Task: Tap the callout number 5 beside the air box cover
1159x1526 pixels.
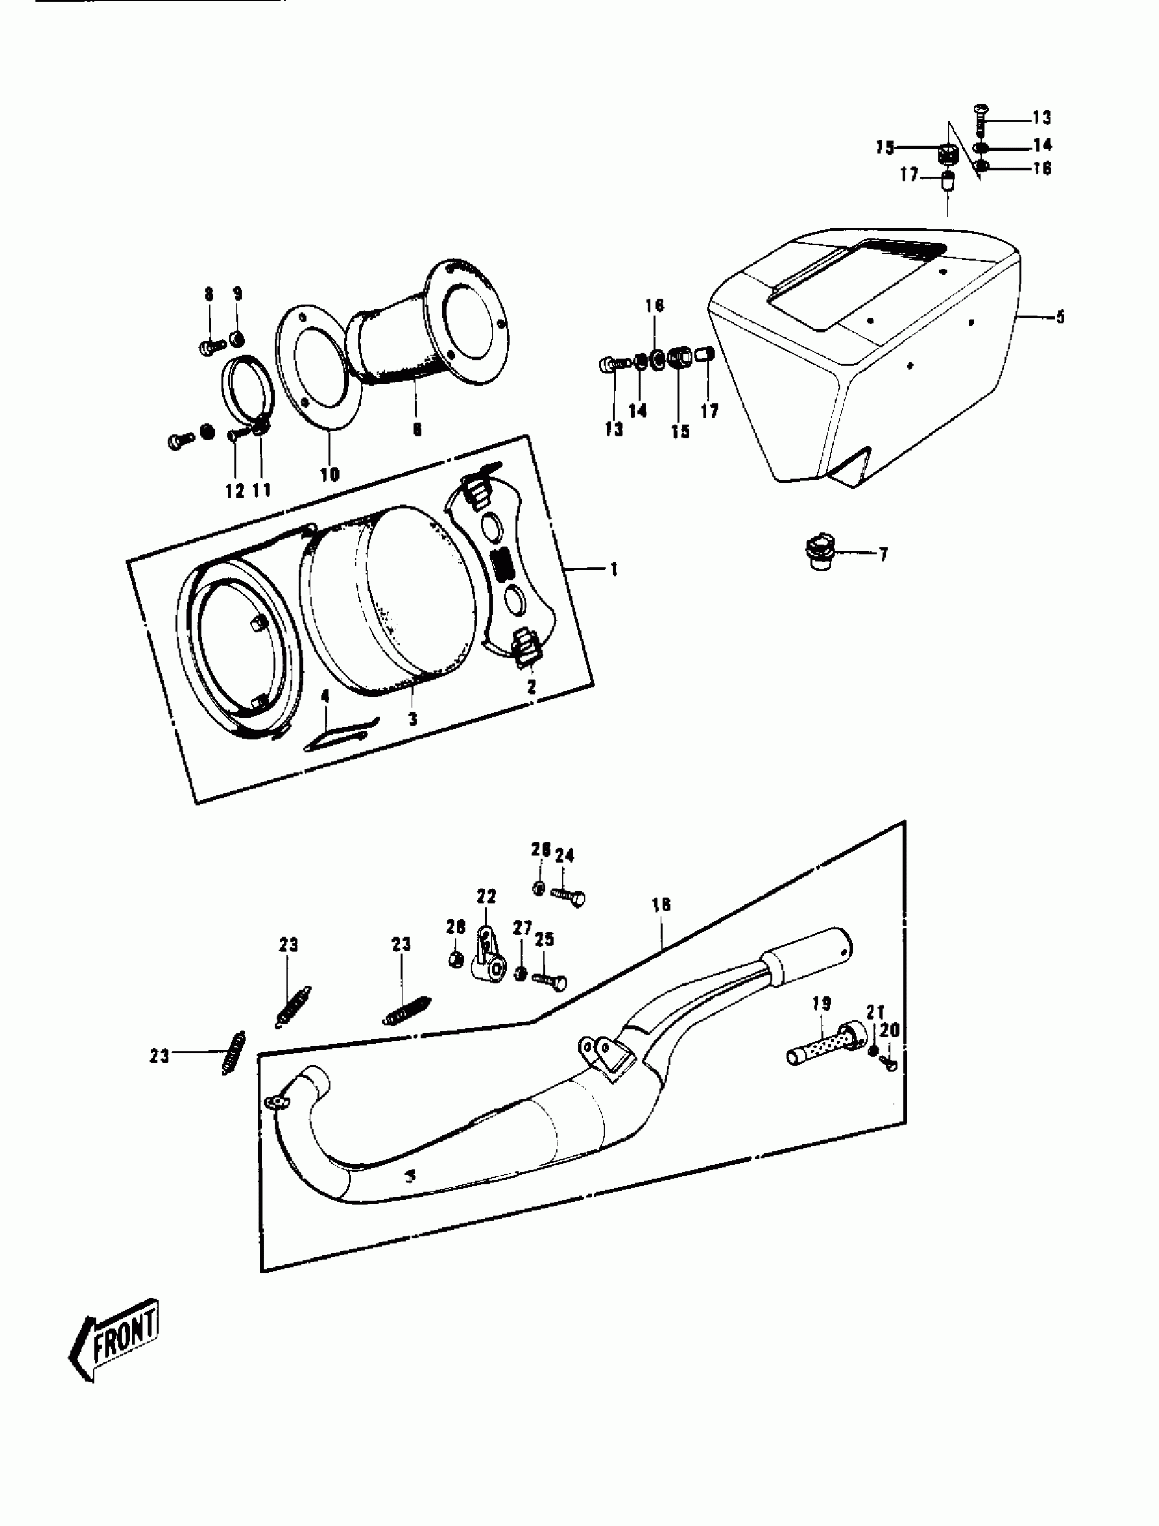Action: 1059,317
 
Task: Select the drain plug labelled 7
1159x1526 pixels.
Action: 819,554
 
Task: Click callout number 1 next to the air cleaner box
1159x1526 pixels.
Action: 613,570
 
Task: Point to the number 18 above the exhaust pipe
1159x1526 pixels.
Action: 661,904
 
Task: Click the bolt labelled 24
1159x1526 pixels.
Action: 569,896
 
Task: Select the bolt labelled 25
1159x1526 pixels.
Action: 550,979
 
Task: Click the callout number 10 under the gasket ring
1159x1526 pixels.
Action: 329,474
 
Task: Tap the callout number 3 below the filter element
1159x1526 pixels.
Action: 412,719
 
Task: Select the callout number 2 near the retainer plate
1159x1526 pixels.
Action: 531,687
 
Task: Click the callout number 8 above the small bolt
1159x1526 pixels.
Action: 209,294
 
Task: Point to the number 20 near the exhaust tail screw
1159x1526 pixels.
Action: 890,1031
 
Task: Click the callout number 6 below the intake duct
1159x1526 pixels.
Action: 417,429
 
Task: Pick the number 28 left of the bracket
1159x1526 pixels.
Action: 455,926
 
